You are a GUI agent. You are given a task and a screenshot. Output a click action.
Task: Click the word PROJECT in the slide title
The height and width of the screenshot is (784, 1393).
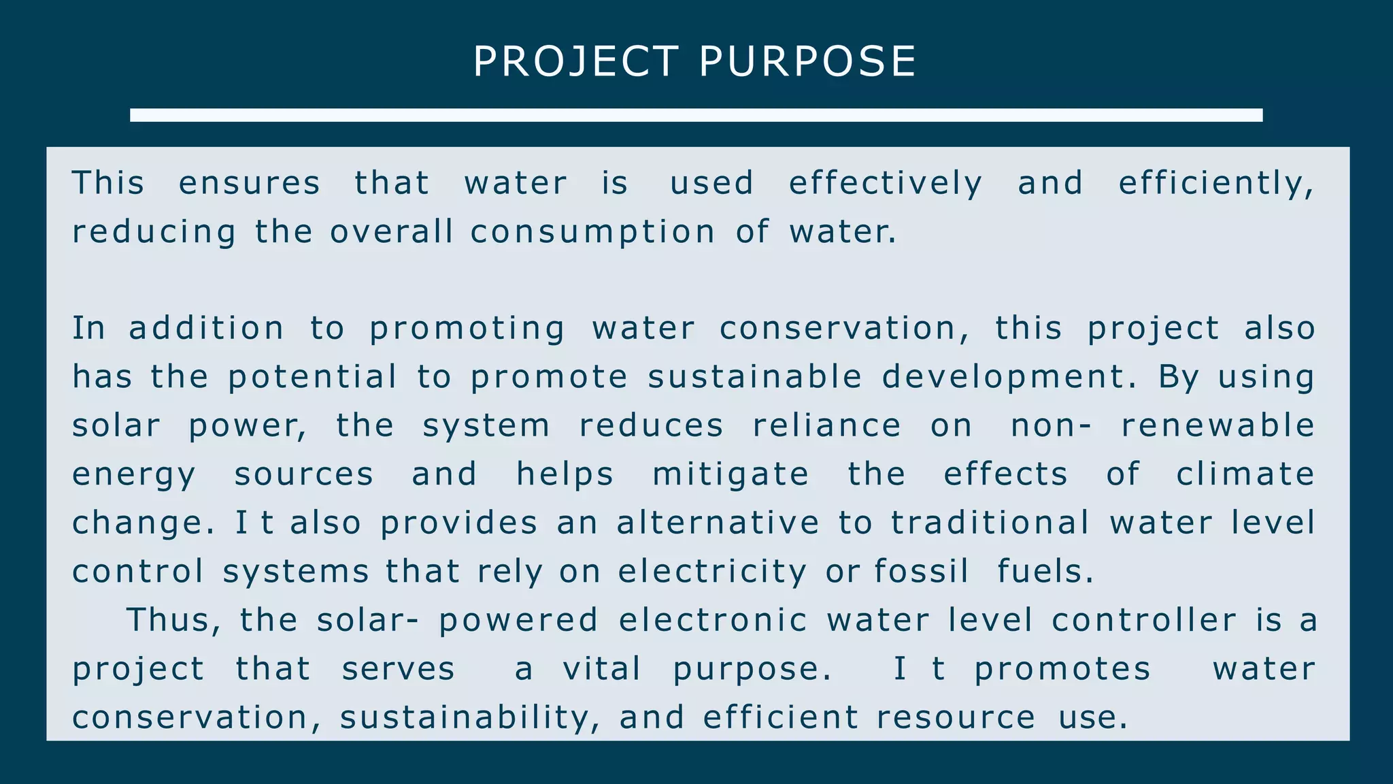[575, 61]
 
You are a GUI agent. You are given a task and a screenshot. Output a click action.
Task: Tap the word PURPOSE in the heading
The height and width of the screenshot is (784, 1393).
[808, 61]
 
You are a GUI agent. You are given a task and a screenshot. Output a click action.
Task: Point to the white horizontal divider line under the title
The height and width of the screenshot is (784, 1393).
[696, 115]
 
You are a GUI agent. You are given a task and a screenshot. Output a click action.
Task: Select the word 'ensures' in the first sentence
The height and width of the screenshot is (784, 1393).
[249, 183]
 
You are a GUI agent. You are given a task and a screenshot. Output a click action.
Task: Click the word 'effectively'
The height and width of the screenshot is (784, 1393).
[886, 183]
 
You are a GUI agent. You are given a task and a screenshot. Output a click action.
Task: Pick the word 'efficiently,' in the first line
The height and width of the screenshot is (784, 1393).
[1216, 183]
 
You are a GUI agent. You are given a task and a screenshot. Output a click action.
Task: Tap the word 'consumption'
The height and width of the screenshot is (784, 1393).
[592, 232]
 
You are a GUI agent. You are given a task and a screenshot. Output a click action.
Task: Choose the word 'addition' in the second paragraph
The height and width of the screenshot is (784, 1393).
[206, 329]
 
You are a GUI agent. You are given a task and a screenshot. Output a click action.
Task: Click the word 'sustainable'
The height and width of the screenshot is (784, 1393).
[755, 377]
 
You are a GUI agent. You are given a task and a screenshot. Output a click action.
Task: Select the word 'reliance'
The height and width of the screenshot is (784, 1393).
[827, 426]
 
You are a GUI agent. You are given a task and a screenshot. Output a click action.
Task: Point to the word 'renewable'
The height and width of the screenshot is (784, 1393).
[1218, 426]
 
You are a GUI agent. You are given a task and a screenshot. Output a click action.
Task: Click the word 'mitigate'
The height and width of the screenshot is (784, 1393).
[731, 474]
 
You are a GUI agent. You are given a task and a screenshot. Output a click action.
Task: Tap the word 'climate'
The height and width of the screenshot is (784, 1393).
[1245, 474]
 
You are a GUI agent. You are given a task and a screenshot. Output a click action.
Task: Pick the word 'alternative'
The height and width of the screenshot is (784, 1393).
[718, 523]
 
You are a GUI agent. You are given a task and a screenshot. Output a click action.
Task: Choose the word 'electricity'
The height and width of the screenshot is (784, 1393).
[712, 572]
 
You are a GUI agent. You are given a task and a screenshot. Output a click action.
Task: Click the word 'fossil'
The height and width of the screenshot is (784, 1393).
[922, 572]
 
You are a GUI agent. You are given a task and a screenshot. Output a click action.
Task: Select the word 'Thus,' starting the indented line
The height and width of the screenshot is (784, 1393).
[174, 621]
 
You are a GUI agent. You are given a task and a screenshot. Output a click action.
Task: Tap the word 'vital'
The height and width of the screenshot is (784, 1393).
[602, 669]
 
